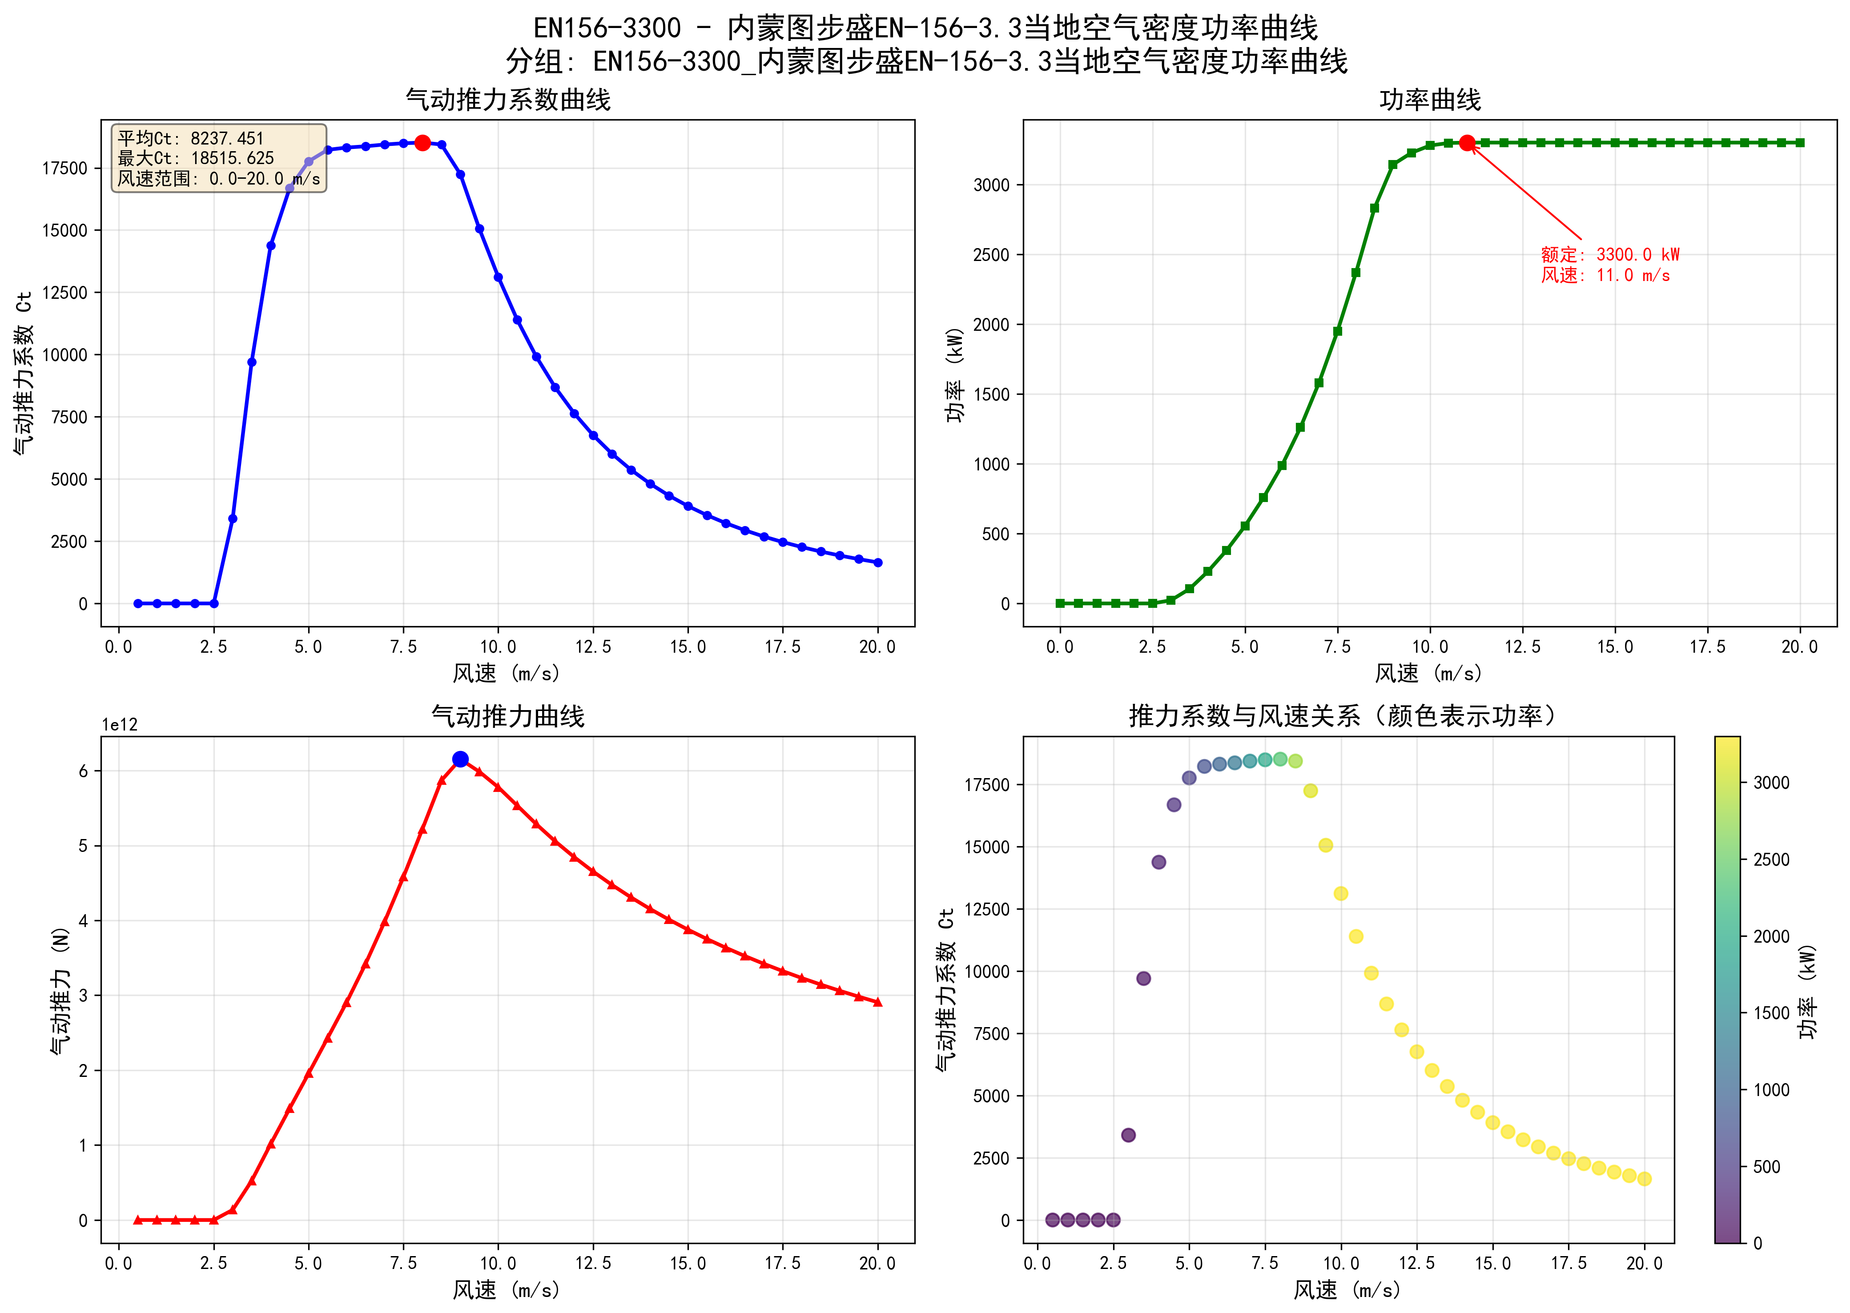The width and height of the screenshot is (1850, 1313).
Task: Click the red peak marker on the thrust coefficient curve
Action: pyautogui.click(x=422, y=143)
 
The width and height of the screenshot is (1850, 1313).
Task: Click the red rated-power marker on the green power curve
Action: pyautogui.click(x=1467, y=143)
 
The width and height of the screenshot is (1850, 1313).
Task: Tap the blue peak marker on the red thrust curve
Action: pyautogui.click(x=460, y=759)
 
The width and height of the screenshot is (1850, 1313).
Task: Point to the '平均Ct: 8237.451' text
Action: pyautogui.click(x=191, y=138)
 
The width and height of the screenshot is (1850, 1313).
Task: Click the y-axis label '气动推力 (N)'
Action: pyautogui.click(x=60, y=990)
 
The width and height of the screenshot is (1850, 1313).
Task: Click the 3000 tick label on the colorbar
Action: pyautogui.click(x=1771, y=783)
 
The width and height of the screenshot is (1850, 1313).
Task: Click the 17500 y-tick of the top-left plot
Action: pyautogui.click(x=64, y=168)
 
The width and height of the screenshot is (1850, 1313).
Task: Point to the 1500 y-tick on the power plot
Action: pyautogui.click(x=991, y=394)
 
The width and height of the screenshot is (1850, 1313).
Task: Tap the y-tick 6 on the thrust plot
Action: pyautogui.click(x=83, y=771)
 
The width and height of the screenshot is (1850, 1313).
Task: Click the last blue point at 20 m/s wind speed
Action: pyautogui.click(x=878, y=563)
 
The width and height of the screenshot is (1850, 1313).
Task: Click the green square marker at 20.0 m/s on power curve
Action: pyautogui.click(x=1800, y=143)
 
